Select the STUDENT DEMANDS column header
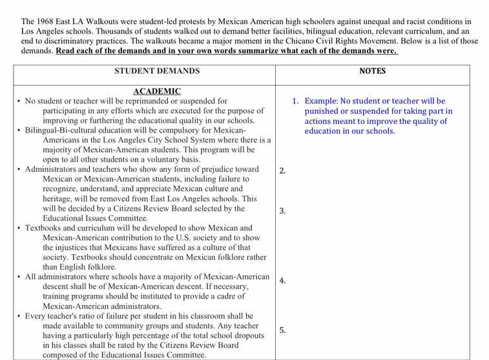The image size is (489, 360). pos(157,71)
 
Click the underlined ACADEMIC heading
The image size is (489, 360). pos(157,92)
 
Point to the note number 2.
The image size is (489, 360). pos(282,171)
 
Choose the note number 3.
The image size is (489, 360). pos(282,211)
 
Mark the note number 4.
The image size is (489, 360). pos(282,281)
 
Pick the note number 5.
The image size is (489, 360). pos(282,330)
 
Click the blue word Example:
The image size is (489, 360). pos(322,101)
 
